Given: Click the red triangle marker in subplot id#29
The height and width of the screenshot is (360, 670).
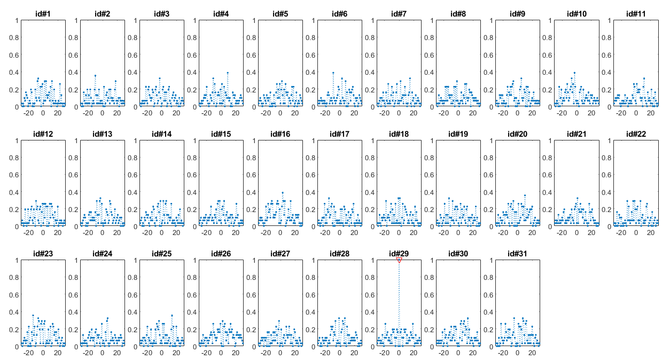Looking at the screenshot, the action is tap(399, 261).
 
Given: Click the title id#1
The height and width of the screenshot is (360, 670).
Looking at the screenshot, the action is tap(43, 14).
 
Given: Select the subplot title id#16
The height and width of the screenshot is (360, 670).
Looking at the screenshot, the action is tap(281, 134).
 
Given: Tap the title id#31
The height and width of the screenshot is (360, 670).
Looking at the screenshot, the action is tap(517, 254).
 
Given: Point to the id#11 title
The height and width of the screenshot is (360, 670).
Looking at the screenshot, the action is tap(636, 14).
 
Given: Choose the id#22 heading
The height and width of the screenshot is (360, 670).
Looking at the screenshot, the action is tap(636, 134).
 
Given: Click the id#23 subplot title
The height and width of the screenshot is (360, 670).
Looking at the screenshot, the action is tap(43, 254).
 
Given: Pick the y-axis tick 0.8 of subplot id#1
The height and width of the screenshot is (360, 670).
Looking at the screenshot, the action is tap(14, 38).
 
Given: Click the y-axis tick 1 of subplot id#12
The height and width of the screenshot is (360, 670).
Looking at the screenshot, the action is tap(17, 140).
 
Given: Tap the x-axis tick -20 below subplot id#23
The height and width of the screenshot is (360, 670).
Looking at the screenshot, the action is tap(28, 353).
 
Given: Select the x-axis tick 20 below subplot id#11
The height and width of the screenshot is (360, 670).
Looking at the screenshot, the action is tap(651, 113).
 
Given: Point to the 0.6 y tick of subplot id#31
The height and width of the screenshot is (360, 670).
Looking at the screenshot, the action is tap(488, 295).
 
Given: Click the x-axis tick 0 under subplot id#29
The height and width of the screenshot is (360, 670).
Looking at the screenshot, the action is tap(399, 353).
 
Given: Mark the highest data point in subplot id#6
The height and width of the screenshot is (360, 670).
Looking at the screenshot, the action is tap(333, 73).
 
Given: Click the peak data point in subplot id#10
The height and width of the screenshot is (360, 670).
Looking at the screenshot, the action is tap(574, 73).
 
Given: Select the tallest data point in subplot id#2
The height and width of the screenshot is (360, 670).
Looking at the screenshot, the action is tap(95, 76).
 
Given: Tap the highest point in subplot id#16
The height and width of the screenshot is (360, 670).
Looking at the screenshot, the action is tap(282, 193).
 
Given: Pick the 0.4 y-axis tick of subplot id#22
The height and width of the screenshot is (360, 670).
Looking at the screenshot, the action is tap(606, 192).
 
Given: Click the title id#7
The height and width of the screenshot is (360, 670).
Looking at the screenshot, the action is tap(399, 14).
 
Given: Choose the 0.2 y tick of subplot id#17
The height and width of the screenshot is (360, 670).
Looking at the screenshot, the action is tap(310, 209).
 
